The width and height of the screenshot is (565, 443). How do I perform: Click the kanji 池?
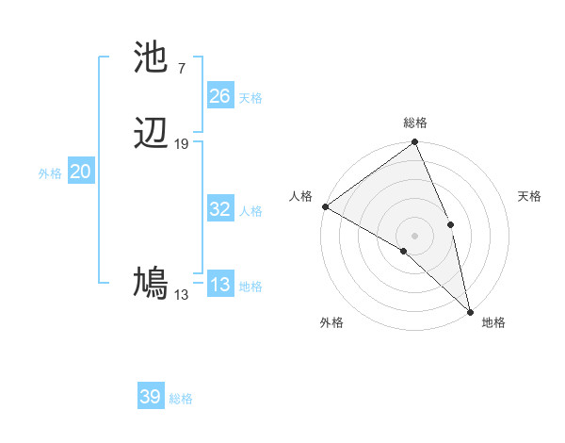tap(152, 58)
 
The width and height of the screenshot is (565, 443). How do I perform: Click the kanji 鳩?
tap(152, 282)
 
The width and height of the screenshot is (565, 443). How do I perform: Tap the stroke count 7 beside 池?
tap(181, 68)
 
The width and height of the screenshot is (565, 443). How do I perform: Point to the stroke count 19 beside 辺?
tap(182, 144)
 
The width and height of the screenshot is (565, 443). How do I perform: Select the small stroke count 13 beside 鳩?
tap(181, 295)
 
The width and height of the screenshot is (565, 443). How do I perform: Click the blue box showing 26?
tap(220, 95)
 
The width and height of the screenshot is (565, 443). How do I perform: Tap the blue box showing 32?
tap(220, 209)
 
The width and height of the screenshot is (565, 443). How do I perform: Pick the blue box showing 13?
tap(220, 285)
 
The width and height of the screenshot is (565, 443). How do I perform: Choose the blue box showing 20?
tap(80, 172)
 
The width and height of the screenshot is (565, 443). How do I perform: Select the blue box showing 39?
tap(150, 397)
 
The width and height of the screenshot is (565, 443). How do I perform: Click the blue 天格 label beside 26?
tap(250, 97)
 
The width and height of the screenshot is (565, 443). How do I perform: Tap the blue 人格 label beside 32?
tap(250, 211)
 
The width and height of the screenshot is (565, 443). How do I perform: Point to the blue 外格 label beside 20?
tap(50, 173)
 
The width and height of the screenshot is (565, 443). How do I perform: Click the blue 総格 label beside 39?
tap(181, 399)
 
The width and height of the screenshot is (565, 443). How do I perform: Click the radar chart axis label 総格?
tap(415, 123)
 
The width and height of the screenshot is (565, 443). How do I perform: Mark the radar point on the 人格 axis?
tap(325, 206)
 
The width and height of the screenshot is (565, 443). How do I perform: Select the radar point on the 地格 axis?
tap(470, 310)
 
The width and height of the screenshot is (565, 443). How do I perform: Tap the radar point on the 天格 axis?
tap(451, 224)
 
